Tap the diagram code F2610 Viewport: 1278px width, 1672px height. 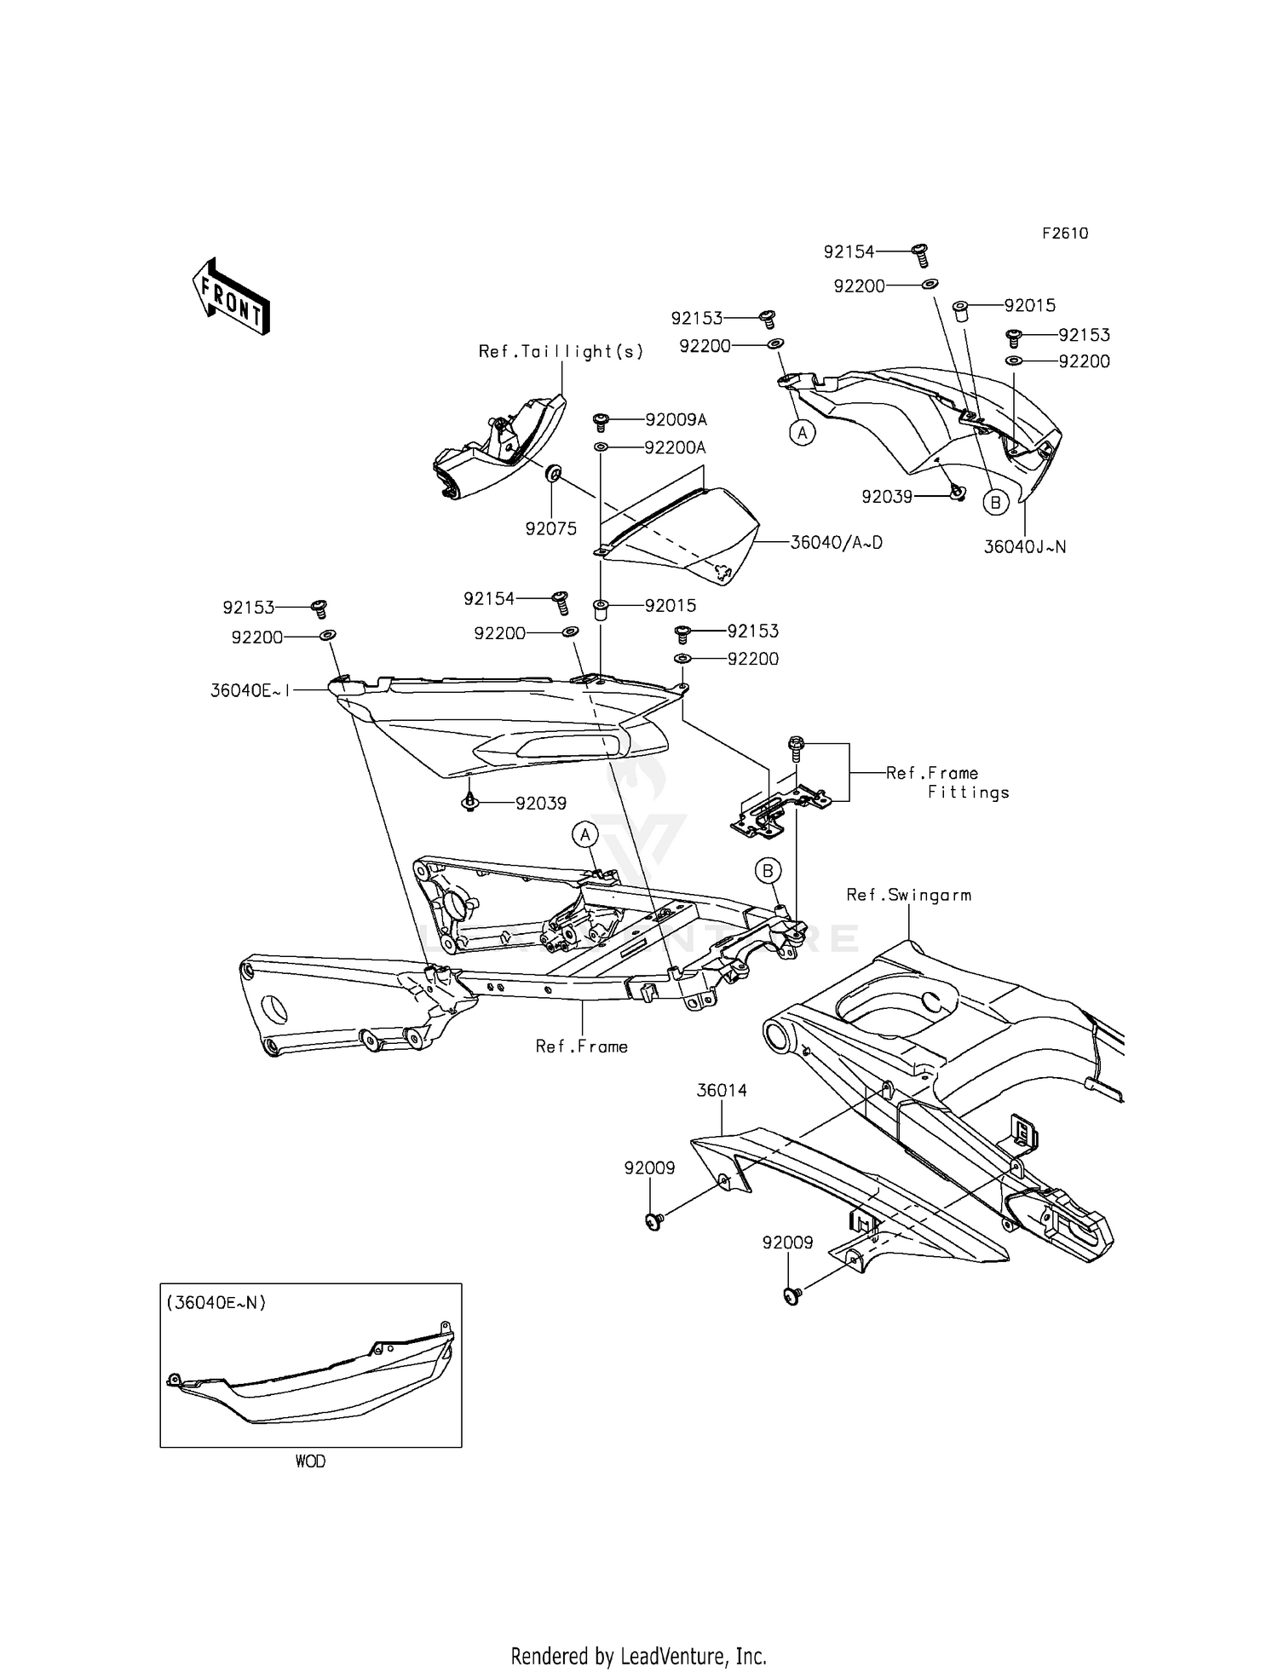point(1064,234)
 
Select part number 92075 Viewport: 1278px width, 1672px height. point(550,528)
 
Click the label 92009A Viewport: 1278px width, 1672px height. point(676,419)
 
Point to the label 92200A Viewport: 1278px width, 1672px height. point(675,447)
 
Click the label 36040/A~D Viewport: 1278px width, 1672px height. point(836,542)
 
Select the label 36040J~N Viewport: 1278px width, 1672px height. point(1024,547)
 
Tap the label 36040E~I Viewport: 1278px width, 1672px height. point(250,690)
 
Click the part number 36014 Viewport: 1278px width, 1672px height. point(722,1090)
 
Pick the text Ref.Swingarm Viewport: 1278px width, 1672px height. point(908,895)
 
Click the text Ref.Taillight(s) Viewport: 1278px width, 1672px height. point(561,351)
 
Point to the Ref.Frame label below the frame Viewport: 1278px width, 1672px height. point(581,1046)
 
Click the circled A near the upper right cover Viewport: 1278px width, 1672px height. point(801,433)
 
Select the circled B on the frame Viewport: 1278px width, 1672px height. point(768,871)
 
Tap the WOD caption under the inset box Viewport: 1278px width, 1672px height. point(310,1461)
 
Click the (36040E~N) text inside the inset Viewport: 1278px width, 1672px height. point(216,1302)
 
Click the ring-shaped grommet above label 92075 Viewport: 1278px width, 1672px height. point(552,473)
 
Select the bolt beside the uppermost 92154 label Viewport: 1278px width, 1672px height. point(920,253)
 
